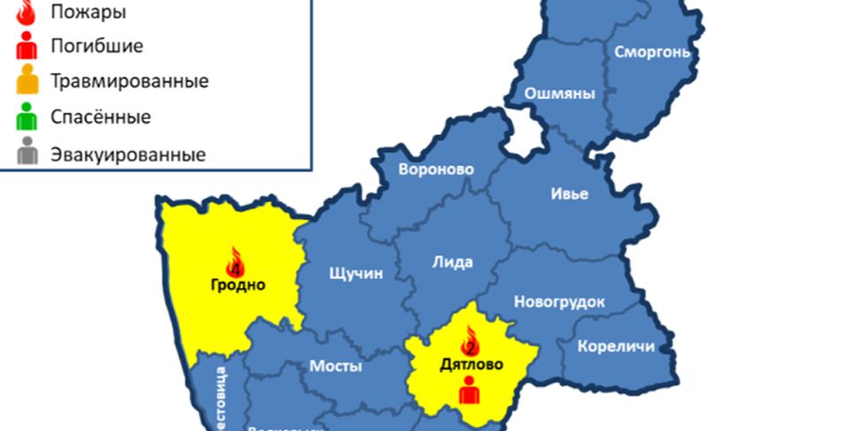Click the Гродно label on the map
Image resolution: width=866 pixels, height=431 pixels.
pos(238,284)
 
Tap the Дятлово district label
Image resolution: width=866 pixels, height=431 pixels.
pos(471,364)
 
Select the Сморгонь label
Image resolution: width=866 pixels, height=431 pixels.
pos(651,51)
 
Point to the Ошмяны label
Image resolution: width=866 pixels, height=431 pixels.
pos(559,95)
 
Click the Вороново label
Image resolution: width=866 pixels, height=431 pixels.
pos(437,170)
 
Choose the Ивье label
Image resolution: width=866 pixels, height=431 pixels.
pos(569,193)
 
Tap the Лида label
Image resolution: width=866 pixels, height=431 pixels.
pos(452,261)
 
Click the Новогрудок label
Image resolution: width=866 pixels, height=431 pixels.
pos(559,302)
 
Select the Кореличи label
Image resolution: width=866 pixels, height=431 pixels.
pos(615,346)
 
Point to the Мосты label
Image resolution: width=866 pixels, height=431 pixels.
pos(335,366)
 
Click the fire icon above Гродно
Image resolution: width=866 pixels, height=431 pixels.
pos(235,261)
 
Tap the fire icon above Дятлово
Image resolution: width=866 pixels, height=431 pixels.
pos(470,340)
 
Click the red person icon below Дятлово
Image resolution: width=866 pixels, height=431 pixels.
pos(469,390)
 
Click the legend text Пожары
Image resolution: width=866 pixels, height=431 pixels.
pos(87,12)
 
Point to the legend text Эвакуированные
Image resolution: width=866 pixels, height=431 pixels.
pos(127,155)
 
